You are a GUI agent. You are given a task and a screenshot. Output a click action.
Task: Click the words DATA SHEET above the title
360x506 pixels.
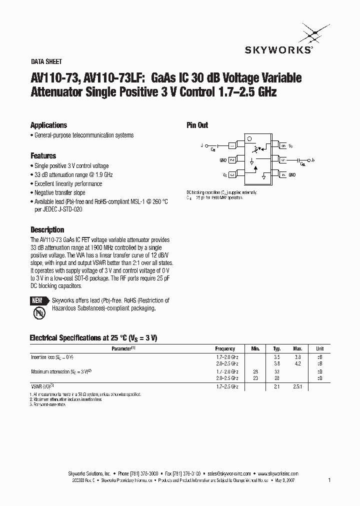coord(46,62)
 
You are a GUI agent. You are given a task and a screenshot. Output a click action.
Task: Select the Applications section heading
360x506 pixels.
coord(48,125)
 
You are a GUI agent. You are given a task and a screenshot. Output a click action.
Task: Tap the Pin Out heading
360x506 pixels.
coord(197,125)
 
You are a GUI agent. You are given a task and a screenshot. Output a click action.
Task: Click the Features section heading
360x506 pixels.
coord(43,155)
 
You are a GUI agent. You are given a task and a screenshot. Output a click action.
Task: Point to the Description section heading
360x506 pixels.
coord(47,230)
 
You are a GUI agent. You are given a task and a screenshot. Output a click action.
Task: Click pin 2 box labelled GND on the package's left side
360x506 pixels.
coord(232,160)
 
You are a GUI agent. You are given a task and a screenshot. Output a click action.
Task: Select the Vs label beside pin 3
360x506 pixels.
coord(224,175)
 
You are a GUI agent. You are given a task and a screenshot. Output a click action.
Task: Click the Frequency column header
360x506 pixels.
coord(225,348)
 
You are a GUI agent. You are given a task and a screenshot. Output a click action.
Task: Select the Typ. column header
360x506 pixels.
coord(277,348)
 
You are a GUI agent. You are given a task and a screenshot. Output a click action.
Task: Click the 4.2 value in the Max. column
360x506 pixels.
coord(298,364)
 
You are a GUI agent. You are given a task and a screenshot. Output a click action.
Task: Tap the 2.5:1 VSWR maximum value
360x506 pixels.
coord(298,387)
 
